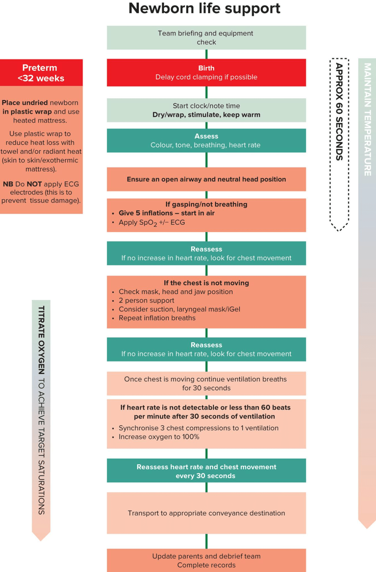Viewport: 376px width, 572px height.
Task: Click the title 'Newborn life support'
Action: tap(204, 8)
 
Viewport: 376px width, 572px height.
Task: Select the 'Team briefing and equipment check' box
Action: tap(206, 38)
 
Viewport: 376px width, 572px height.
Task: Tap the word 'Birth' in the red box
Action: tap(206, 68)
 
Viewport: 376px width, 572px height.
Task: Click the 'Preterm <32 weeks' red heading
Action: tap(41, 73)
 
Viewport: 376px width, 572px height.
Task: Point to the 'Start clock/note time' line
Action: tap(206, 106)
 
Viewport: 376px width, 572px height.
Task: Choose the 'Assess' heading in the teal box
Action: tap(206, 136)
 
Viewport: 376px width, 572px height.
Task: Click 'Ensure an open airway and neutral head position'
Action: tap(206, 179)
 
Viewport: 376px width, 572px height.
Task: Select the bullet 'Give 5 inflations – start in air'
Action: tap(167, 213)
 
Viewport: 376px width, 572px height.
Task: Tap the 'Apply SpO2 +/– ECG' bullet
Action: tap(152, 223)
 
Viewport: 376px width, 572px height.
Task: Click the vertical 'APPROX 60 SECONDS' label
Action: tap(339, 112)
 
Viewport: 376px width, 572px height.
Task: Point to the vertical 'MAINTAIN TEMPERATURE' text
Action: tap(367, 119)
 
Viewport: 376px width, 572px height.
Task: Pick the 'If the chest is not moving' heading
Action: tap(206, 283)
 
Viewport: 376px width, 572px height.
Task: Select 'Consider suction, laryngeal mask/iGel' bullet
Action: tap(180, 309)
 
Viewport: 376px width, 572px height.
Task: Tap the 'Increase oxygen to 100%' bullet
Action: tap(159, 437)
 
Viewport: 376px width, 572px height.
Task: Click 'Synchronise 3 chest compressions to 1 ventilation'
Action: tap(198, 428)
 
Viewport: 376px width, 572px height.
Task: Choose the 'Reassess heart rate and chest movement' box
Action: tap(206, 470)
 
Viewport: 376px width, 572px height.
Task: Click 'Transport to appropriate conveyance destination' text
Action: tap(206, 513)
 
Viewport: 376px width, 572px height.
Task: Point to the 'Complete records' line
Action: tap(206, 565)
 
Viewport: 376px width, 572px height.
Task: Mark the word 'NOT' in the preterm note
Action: tap(34, 184)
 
